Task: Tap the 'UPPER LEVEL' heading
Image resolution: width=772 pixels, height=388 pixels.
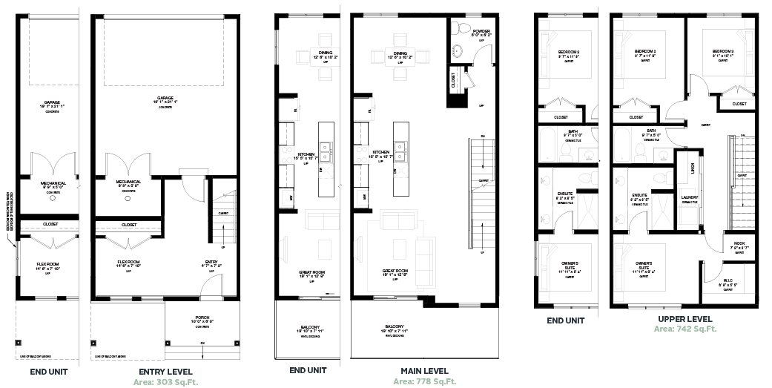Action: click(x=684, y=318)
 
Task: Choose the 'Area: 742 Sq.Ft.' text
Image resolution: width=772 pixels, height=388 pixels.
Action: click(x=684, y=328)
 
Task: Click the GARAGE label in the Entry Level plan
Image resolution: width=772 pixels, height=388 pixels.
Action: click(x=165, y=98)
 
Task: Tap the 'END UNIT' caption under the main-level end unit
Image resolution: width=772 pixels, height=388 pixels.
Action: click(x=308, y=371)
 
